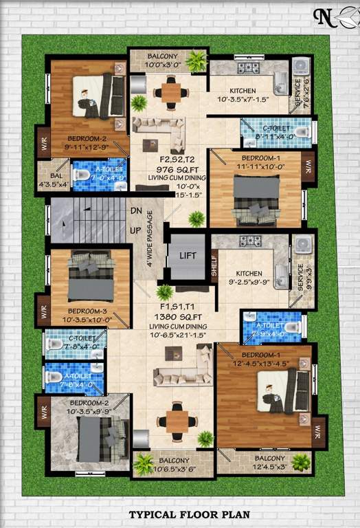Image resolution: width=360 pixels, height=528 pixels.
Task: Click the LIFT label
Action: [x=188, y=256]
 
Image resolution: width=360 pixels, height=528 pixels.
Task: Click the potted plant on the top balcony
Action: [x=196, y=61]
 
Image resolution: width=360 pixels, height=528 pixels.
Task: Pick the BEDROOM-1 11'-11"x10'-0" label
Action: [x=255, y=162]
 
